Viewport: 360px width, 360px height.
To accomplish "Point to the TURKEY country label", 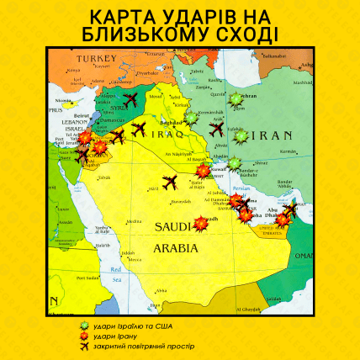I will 95,58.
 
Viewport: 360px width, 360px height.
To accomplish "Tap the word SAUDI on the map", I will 174,227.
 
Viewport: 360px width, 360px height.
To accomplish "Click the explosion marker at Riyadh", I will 202,224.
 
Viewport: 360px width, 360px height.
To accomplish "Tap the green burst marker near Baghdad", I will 190,120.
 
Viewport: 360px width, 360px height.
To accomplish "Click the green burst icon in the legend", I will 82,326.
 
